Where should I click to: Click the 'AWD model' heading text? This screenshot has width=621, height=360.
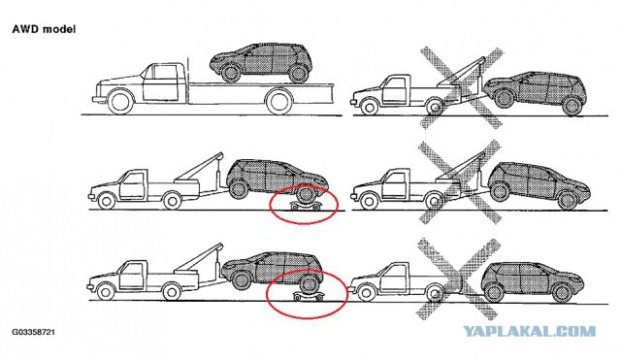(45, 29)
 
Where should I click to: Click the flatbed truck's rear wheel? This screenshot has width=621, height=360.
(279, 100)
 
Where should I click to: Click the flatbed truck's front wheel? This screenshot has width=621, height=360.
(121, 101)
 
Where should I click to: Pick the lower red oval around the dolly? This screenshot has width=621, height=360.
(307, 297)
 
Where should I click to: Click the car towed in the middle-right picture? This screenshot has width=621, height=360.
(537, 181)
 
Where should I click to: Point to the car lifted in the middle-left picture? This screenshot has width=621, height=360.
(278, 175)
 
